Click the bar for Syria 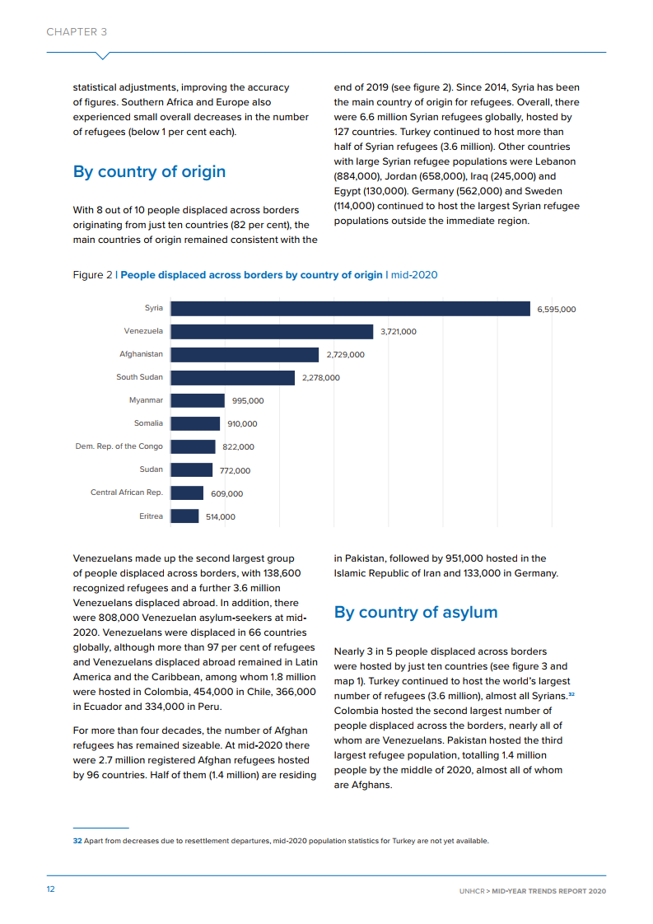pyautogui.click(x=350, y=308)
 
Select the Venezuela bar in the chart pyautogui.click(x=272, y=331)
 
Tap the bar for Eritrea pyautogui.click(x=184, y=516)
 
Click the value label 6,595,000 pyautogui.click(x=556, y=310)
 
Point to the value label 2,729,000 pyautogui.click(x=345, y=355)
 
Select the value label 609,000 pyautogui.click(x=226, y=494)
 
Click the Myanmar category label pyautogui.click(x=146, y=400)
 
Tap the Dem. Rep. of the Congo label pyautogui.click(x=119, y=446)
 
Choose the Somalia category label pyautogui.click(x=148, y=423)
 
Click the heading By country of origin pyautogui.click(x=149, y=172)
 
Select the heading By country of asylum pyautogui.click(x=415, y=613)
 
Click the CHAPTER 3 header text pyautogui.click(x=77, y=32)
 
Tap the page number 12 pyautogui.click(x=50, y=889)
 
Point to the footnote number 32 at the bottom pyautogui.click(x=77, y=841)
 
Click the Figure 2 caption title pyautogui.click(x=251, y=275)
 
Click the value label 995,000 pyautogui.click(x=247, y=401)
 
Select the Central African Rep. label pyautogui.click(x=126, y=492)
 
